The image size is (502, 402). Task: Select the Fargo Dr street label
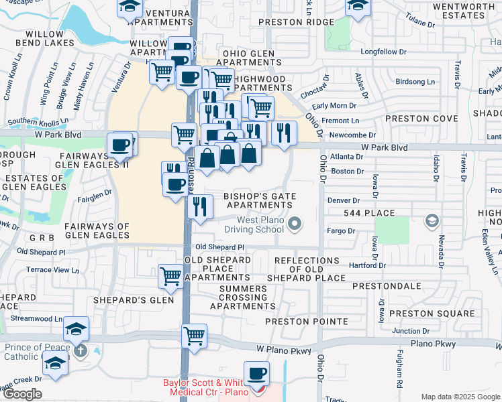(342, 231)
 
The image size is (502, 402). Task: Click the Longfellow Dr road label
(384, 52)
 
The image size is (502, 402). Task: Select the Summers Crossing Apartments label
(242, 297)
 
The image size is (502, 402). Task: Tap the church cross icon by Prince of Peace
(80, 349)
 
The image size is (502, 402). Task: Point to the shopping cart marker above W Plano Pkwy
(194, 334)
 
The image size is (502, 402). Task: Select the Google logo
(22, 394)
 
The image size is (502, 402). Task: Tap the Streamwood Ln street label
(40, 320)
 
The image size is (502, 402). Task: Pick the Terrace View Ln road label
(52, 270)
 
